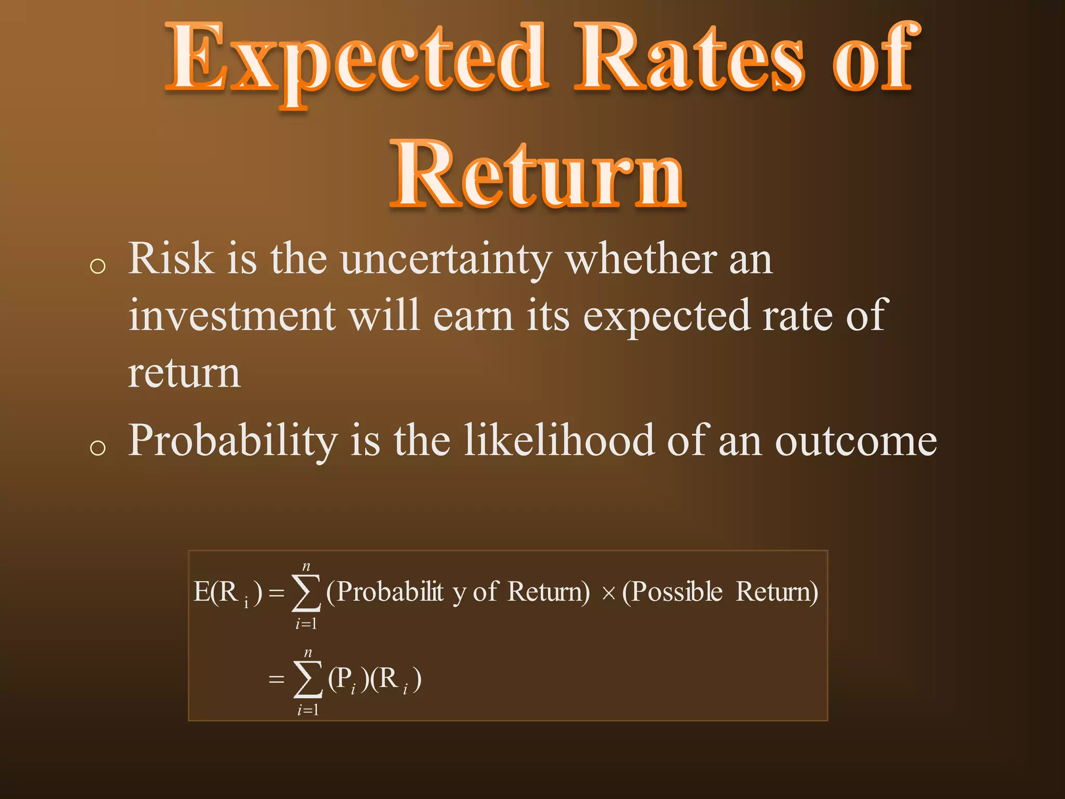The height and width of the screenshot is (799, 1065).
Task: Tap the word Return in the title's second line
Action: [x=538, y=174]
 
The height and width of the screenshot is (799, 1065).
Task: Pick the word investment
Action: [x=232, y=316]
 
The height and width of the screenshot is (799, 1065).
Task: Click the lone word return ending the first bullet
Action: [x=184, y=373]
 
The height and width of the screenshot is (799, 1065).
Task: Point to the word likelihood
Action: [x=559, y=441]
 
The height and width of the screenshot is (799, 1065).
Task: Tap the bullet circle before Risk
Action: [x=98, y=267]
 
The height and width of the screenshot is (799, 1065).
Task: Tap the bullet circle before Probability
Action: [x=98, y=447]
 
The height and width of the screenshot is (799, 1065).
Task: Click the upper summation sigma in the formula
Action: [x=306, y=593]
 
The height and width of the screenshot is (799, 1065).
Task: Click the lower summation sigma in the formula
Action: [x=307, y=679]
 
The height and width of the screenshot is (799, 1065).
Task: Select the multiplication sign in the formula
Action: [x=608, y=594]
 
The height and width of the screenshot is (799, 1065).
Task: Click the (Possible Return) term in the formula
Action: [x=720, y=592]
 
